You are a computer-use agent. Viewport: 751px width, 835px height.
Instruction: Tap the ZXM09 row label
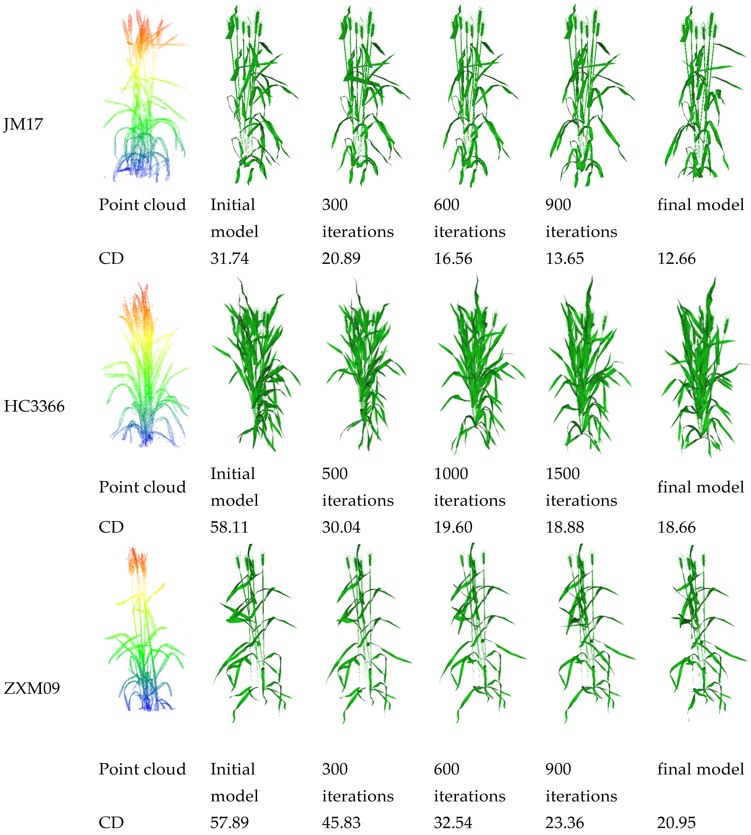32,688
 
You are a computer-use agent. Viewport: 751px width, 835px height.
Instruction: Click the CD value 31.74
229,258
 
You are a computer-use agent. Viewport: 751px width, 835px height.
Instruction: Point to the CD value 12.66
676,258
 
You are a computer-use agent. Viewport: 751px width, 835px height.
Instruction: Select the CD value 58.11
229,527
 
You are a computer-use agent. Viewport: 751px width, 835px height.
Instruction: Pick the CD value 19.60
453,527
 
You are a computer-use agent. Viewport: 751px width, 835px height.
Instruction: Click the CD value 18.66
676,527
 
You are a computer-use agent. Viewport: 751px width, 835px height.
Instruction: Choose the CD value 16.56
453,258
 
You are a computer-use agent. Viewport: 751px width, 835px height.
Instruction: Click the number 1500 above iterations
562,473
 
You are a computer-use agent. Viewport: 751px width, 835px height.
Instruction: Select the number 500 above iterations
335,473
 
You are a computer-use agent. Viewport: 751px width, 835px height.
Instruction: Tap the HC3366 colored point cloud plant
144,367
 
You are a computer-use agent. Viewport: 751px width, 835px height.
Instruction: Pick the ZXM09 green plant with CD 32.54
479,631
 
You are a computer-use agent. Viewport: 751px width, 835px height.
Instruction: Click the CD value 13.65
565,258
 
